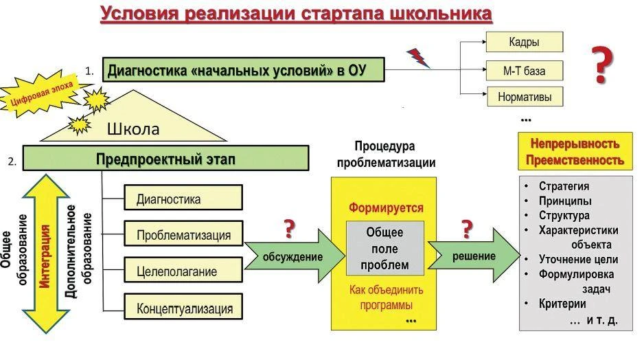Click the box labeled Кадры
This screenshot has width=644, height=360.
tap(524, 42)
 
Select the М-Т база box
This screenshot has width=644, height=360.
tap(524, 69)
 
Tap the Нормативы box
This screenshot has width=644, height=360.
tap(524, 96)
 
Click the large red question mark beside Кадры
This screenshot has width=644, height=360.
tap(602, 65)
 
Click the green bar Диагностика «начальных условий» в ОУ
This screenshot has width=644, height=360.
tap(243, 69)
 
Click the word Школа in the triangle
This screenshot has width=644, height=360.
tap(133, 129)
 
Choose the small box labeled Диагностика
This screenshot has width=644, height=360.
tap(183, 199)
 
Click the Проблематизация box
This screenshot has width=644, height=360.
tap(183, 235)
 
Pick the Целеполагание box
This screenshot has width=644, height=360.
tap(183, 271)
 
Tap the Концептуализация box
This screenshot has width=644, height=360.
tap(183, 308)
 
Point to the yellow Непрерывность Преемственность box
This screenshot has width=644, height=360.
tap(575, 152)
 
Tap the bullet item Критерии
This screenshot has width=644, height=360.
tap(562, 303)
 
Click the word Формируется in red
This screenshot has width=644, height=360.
tap(386, 207)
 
